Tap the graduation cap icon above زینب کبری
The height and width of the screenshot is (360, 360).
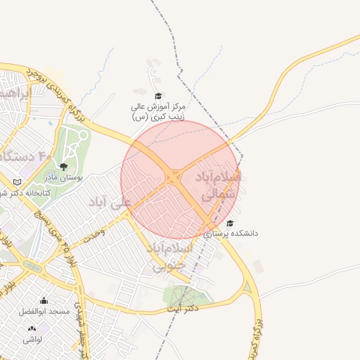tap(157, 96)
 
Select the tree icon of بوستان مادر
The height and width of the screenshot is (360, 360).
tap(64, 167)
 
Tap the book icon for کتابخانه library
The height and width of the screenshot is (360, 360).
tap(18, 182)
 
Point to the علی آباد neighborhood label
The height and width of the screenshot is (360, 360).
tap(110, 202)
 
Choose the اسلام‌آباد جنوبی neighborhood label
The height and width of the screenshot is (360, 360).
tap(169, 257)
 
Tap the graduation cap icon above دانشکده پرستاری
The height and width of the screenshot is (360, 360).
tap(231, 223)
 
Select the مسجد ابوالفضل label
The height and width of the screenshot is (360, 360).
tap(46, 311)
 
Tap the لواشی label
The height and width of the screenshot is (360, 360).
tap(32, 339)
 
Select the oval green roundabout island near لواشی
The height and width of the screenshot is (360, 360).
tap(32, 266)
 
